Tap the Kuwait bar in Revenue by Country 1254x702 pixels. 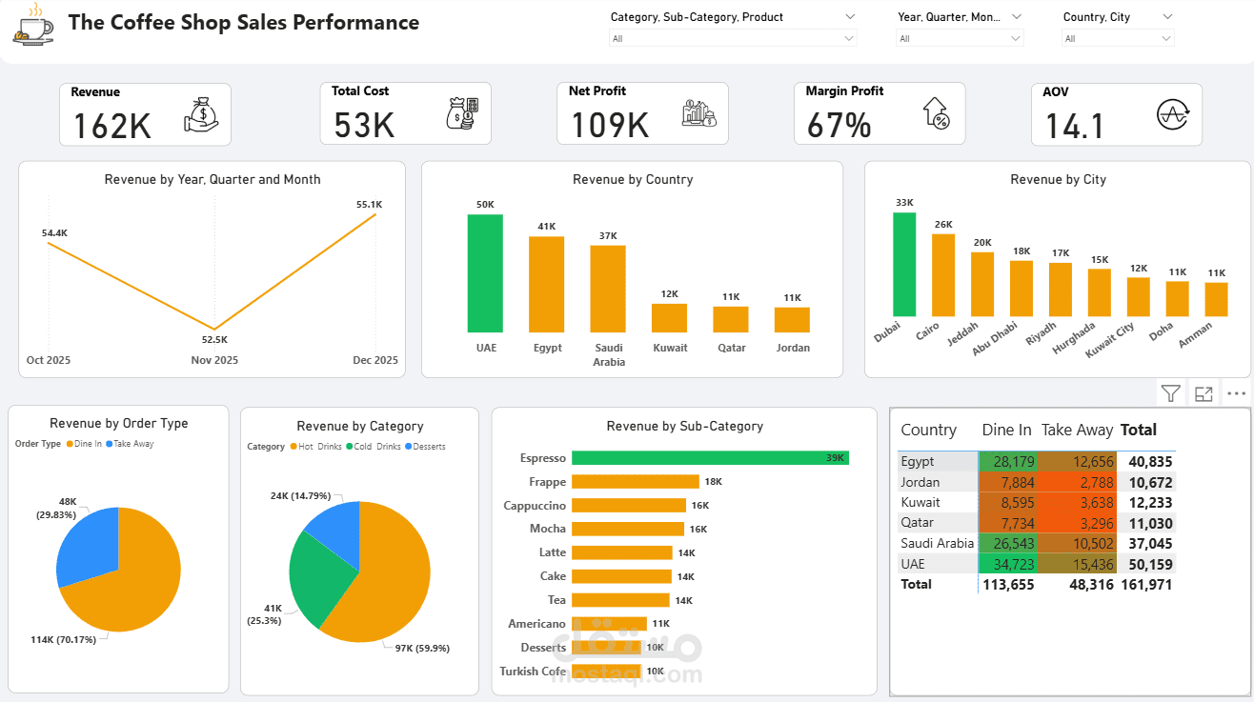point(669,317)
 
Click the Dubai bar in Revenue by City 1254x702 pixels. point(904,265)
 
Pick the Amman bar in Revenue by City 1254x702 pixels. point(1216,299)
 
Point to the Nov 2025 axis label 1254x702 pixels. point(214,360)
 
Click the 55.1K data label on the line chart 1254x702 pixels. point(369,204)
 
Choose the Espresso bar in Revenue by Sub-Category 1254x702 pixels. point(710,458)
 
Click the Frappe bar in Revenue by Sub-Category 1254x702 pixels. point(635,482)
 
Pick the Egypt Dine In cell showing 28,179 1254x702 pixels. point(1009,462)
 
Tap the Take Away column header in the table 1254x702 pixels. point(1077,431)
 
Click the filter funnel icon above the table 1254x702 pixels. point(1171,393)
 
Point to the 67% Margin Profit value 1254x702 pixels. point(839,125)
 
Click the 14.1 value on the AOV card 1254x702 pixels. point(1074,126)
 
